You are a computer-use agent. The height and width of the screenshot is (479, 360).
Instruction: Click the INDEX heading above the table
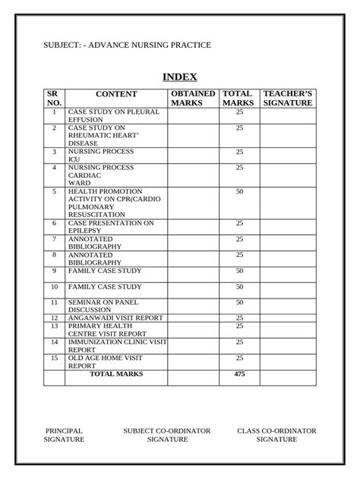pyautogui.click(x=180, y=77)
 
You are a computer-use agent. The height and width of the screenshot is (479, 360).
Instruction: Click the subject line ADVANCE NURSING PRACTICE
pyautogui.click(x=127, y=45)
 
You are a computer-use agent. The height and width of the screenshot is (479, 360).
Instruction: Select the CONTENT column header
pyautogui.click(x=116, y=95)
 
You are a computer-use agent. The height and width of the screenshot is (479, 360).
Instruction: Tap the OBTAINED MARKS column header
pyautogui.click(x=193, y=99)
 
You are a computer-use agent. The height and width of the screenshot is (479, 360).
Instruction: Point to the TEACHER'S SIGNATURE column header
pyautogui.click(x=287, y=99)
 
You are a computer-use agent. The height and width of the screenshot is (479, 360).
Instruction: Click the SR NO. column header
pyautogui.click(x=54, y=99)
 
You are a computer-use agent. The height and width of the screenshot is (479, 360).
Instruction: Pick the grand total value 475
pyautogui.click(x=239, y=374)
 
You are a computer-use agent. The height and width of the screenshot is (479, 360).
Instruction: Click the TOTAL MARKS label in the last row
pyautogui.click(x=116, y=374)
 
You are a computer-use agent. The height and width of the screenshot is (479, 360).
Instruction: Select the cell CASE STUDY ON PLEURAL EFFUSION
pyautogui.click(x=114, y=115)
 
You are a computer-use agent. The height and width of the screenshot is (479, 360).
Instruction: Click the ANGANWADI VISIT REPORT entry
pyautogui.click(x=115, y=318)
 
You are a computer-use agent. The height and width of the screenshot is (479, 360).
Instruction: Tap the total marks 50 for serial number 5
pyautogui.click(x=239, y=192)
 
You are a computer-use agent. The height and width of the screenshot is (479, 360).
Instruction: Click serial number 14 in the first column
pyautogui.click(x=54, y=342)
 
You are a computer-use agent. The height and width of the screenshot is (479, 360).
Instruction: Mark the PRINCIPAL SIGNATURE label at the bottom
pyautogui.click(x=65, y=435)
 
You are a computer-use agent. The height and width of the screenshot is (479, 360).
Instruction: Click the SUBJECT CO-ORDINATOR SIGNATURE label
pyautogui.click(x=167, y=435)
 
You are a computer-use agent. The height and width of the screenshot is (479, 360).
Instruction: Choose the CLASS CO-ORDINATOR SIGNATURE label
pyautogui.click(x=276, y=435)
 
